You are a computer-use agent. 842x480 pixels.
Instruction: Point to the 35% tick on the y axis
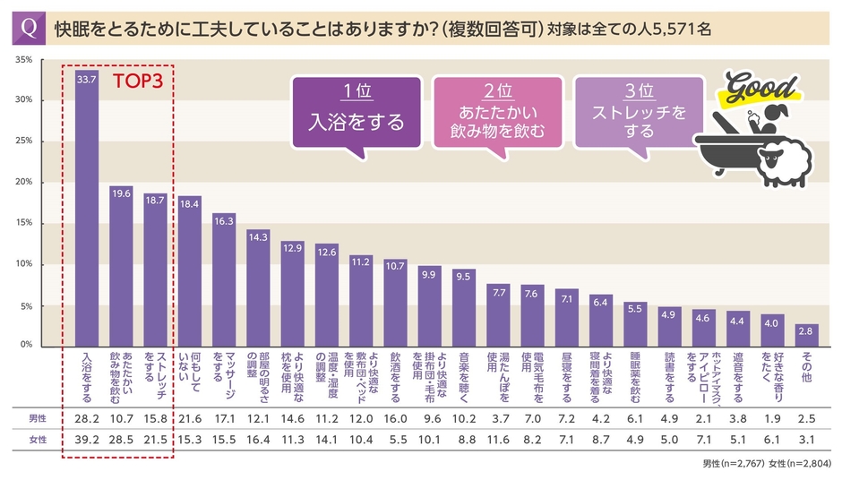[24, 60]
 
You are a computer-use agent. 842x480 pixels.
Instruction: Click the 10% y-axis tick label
[24, 264]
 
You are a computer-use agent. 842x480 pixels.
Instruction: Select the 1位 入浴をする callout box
[357, 112]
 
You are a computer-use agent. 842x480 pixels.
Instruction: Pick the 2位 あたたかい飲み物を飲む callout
[497, 112]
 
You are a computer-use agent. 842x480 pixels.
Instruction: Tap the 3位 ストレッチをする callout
[640, 112]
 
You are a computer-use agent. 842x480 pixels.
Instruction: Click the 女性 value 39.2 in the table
[87, 438]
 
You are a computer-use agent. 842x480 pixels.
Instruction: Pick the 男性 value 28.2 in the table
[87, 418]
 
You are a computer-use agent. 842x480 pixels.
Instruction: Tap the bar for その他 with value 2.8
[807, 334]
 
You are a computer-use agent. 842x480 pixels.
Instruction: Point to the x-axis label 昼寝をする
[567, 375]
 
